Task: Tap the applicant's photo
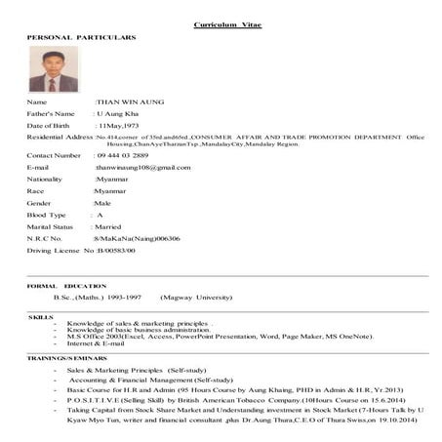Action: (x=54, y=69)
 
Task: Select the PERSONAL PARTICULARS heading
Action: (x=81, y=37)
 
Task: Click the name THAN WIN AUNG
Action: (x=130, y=101)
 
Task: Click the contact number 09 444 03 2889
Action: (x=122, y=155)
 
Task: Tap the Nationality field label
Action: (x=46, y=180)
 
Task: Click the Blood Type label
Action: (x=46, y=215)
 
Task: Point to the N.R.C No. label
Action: (x=44, y=238)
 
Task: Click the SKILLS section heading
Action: (x=41, y=318)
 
